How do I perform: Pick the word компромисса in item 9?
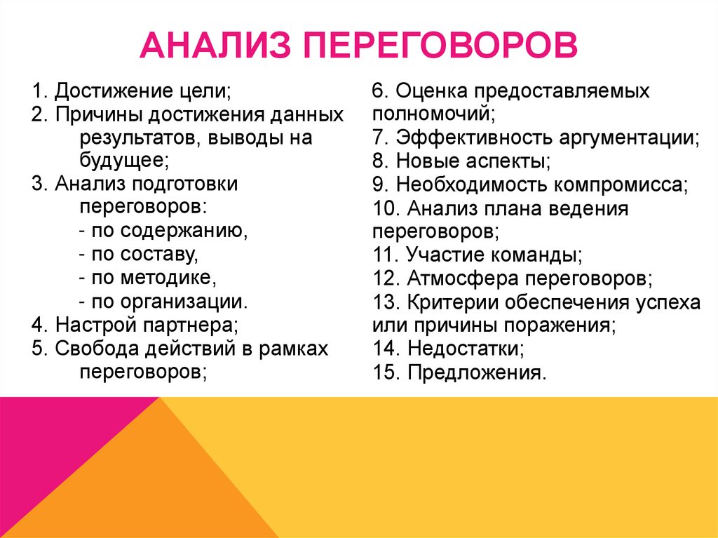621,184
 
